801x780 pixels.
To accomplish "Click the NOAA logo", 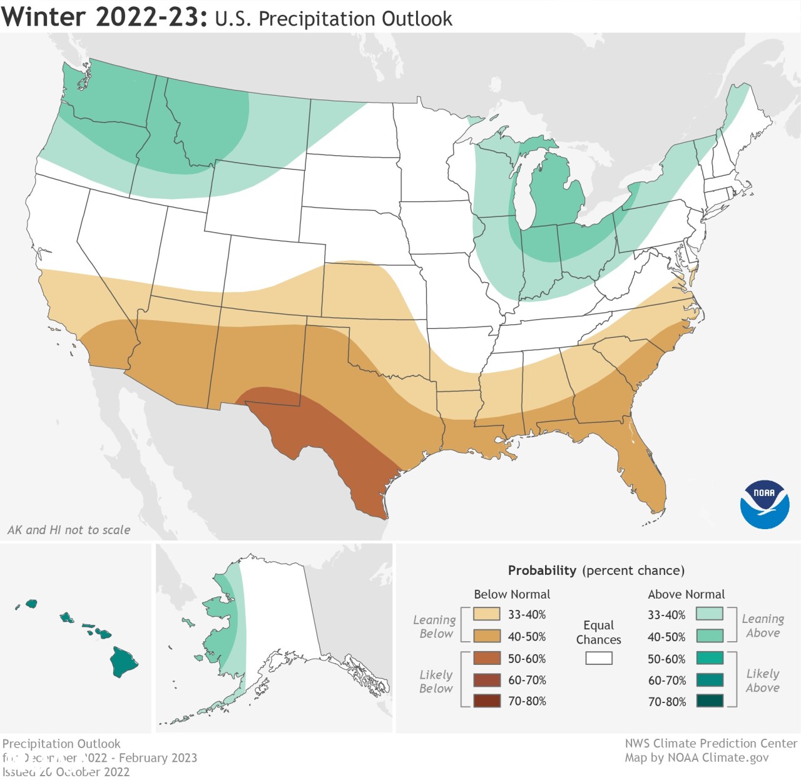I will [x=764, y=504].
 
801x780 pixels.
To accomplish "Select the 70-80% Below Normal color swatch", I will [x=487, y=701].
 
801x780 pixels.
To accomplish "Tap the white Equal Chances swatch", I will [x=599, y=658].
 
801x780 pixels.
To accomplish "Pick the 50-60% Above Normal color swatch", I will [x=710, y=658].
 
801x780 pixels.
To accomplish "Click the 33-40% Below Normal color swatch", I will [x=487, y=614].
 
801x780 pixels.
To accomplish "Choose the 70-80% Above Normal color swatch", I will [x=710, y=701].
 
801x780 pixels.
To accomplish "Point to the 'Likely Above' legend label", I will [x=762, y=681].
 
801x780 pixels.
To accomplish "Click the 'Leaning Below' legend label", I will [x=435, y=626].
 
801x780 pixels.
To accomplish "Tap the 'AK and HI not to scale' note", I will [x=69, y=530].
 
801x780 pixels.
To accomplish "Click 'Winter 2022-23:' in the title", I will [x=104, y=17].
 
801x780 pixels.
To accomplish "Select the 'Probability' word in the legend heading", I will [x=542, y=570].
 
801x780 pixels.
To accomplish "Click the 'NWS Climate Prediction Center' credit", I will [x=711, y=743].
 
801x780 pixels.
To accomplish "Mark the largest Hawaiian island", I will [x=123, y=662].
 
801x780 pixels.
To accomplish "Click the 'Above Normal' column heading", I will [x=686, y=594].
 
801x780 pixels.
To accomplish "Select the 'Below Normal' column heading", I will [x=512, y=594].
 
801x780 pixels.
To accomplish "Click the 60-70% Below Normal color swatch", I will [x=487, y=680].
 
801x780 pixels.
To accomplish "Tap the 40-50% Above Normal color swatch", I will [x=710, y=636].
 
